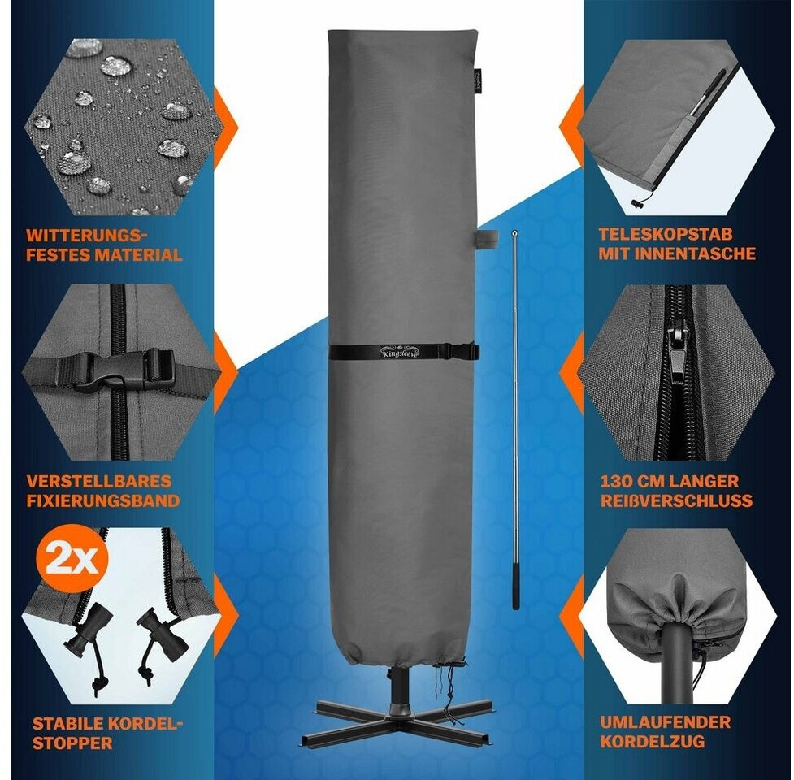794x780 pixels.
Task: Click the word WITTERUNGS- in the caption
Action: (x=86, y=236)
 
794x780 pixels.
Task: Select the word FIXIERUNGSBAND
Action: (x=102, y=500)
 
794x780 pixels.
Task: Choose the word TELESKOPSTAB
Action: (x=666, y=234)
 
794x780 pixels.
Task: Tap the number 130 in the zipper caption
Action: (x=616, y=481)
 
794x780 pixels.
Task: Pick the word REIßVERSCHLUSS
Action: (x=676, y=500)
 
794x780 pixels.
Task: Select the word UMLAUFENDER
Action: (x=666, y=722)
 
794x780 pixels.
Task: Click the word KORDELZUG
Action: (x=653, y=742)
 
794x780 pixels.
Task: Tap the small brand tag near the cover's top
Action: (x=479, y=80)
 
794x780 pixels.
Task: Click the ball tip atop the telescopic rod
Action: (x=515, y=233)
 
